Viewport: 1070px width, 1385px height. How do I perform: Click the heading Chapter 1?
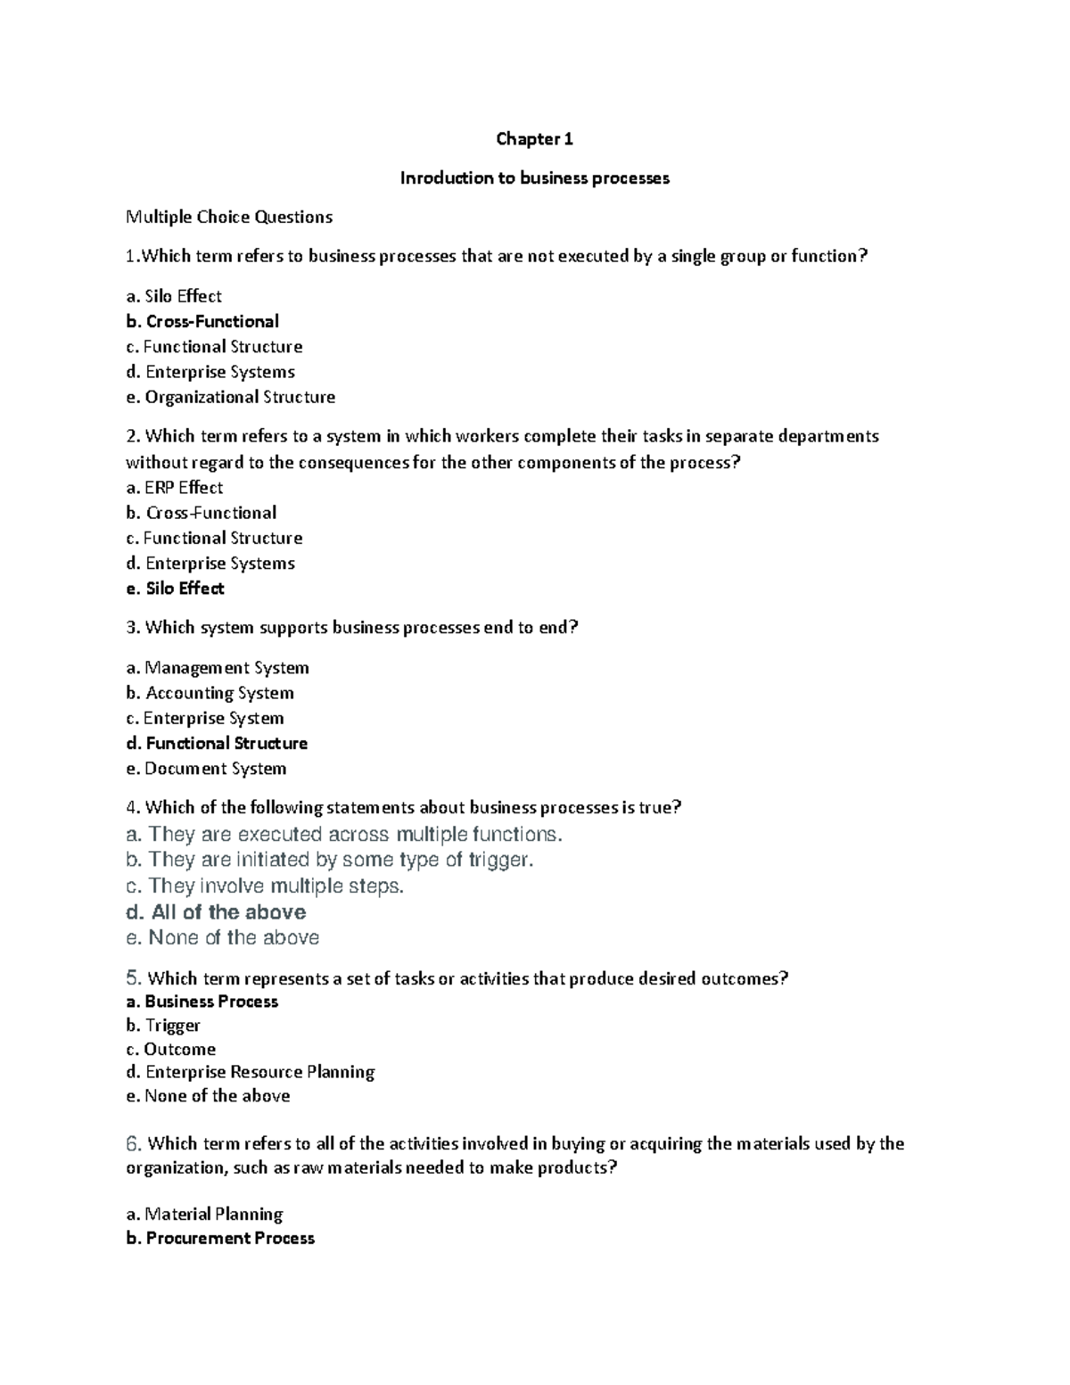[534, 139]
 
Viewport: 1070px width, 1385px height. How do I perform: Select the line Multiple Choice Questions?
[229, 217]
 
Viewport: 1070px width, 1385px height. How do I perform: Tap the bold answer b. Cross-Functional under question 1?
[202, 321]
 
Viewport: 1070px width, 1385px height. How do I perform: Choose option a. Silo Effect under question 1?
[174, 296]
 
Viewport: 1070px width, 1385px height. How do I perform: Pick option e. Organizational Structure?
[231, 397]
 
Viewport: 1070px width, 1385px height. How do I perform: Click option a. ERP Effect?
[175, 488]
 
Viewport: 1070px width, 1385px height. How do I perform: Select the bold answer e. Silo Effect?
[175, 589]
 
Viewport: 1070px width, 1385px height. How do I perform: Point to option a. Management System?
[218, 668]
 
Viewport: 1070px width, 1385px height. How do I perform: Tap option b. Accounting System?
[210, 693]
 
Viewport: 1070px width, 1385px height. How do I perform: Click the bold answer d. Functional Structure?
[217, 743]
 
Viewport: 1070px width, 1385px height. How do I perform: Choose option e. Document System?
[206, 769]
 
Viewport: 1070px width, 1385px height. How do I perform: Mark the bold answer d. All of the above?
[216, 912]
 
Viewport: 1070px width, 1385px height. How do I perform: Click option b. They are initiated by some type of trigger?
[330, 860]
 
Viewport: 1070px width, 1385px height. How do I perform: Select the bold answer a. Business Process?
[202, 1002]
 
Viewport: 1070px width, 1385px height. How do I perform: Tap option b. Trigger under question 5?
[163, 1026]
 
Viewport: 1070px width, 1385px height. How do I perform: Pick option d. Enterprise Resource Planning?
[251, 1072]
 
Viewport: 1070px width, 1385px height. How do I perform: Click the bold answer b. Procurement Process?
[220, 1238]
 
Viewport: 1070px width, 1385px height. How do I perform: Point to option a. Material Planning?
[204, 1214]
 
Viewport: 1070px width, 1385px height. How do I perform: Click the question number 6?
[134, 1143]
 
